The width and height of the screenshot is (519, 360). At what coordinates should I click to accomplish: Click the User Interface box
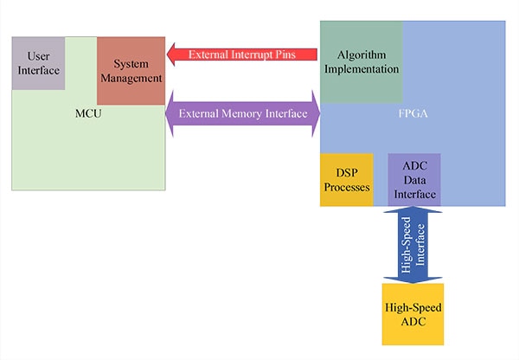pyautogui.click(x=38, y=63)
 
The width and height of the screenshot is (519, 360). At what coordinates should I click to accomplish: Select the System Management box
pyautogui.click(x=131, y=71)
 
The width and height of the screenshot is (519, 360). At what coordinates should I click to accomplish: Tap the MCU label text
pyautogui.click(x=88, y=112)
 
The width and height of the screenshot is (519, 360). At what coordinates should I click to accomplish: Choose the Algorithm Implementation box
pyautogui.click(x=362, y=61)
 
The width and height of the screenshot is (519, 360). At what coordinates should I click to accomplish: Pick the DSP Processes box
pyautogui.click(x=347, y=180)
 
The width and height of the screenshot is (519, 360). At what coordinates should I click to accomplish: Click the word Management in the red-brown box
pyautogui.click(x=131, y=78)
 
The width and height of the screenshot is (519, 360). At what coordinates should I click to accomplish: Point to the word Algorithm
pyautogui.click(x=362, y=54)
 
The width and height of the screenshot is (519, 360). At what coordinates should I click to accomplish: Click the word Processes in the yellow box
pyautogui.click(x=347, y=187)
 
